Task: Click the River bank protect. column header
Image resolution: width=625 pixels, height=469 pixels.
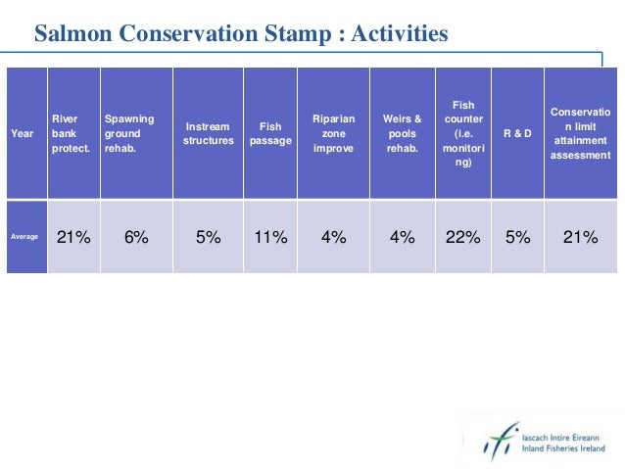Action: point(71,133)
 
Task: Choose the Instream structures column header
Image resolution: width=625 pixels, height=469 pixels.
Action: point(208,133)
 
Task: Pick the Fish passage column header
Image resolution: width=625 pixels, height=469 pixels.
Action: point(269,133)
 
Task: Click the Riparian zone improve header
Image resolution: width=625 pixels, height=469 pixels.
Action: point(333,133)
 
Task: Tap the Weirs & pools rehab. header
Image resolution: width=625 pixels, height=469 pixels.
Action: point(402,133)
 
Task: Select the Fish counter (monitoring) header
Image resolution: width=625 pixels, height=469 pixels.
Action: point(462,133)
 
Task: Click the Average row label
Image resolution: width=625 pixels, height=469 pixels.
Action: point(24,237)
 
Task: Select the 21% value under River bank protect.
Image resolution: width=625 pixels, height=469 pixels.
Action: point(73,236)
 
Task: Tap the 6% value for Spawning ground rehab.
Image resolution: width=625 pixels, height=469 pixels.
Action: point(136,236)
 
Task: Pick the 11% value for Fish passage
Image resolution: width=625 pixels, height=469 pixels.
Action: point(269,236)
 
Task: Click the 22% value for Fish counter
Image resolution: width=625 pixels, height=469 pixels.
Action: point(462,236)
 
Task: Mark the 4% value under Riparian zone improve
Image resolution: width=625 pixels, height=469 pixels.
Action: point(333,236)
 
